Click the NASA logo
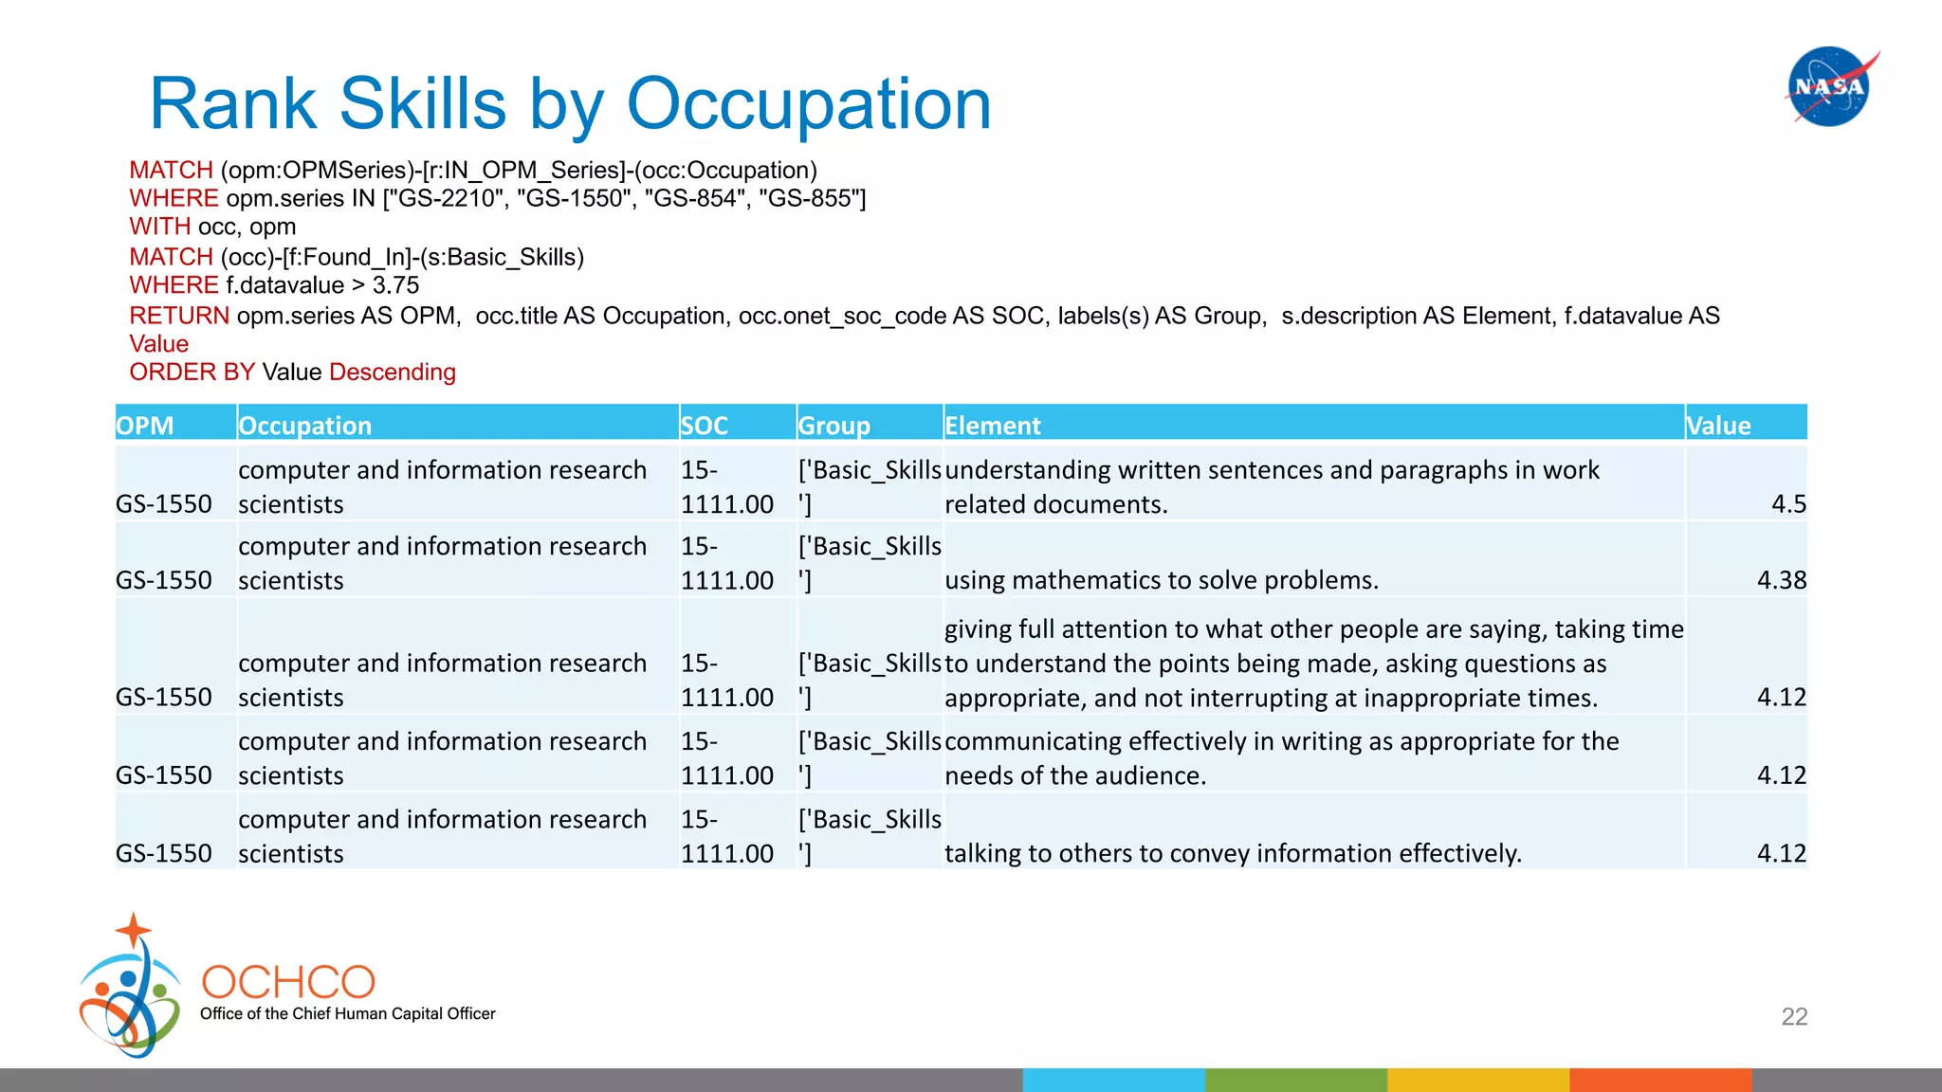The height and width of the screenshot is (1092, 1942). [1829, 86]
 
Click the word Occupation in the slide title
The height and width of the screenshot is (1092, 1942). [808, 103]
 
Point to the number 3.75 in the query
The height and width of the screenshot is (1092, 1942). [395, 285]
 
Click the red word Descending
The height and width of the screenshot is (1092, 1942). [393, 372]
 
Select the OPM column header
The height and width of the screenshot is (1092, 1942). [145, 426]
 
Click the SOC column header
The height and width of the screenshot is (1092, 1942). [705, 426]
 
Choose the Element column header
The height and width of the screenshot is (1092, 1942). [993, 426]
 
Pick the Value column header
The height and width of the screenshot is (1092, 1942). [1718, 426]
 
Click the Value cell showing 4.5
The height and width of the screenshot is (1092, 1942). [1788, 503]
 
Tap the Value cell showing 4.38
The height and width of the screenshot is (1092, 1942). [1781, 579]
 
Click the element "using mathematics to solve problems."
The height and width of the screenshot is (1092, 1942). [1161, 579]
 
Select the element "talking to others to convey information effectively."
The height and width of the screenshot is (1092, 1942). [1233, 853]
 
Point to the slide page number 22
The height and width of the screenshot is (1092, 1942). [1794, 1016]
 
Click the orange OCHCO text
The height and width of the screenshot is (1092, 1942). [288, 982]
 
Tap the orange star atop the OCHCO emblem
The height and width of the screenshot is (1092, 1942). [134, 930]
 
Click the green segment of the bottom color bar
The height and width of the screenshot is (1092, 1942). [1295, 1080]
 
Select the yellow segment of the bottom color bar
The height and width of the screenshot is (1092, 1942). [1477, 1080]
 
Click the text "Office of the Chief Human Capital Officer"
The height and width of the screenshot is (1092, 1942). [347, 1013]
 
